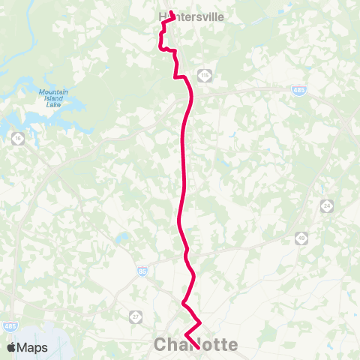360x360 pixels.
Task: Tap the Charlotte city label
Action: coord(196,345)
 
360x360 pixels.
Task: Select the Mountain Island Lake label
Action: coord(53,98)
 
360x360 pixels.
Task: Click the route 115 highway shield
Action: coord(204,75)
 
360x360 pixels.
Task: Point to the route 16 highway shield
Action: coord(16,138)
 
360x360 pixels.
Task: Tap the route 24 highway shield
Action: coord(326,205)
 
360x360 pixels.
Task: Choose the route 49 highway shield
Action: coord(301,237)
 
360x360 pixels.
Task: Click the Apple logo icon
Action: coord(12,347)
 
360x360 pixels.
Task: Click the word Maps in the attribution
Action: coord(33,347)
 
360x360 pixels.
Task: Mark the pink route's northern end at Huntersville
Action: coord(172,13)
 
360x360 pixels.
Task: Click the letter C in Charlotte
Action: coord(161,345)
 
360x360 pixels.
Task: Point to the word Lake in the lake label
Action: coord(53,105)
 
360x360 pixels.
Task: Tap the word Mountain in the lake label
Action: coord(53,92)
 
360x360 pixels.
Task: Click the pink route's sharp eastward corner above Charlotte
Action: coord(199,322)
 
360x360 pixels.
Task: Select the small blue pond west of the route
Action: coord(121,239)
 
